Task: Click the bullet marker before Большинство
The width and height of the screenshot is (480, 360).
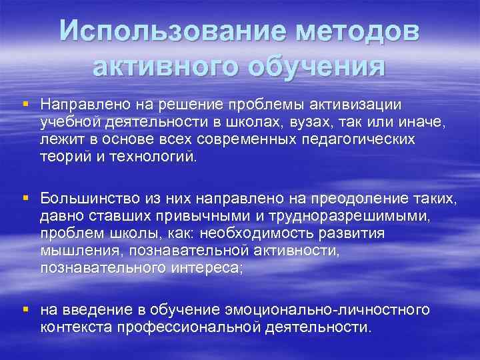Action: point(25,197)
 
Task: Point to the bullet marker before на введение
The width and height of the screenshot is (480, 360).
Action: point(25,309)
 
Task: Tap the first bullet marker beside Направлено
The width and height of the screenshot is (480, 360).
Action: point(25,104)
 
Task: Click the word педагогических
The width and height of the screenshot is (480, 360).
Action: point(363,139)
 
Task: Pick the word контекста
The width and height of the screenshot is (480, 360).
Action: point(76,327)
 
